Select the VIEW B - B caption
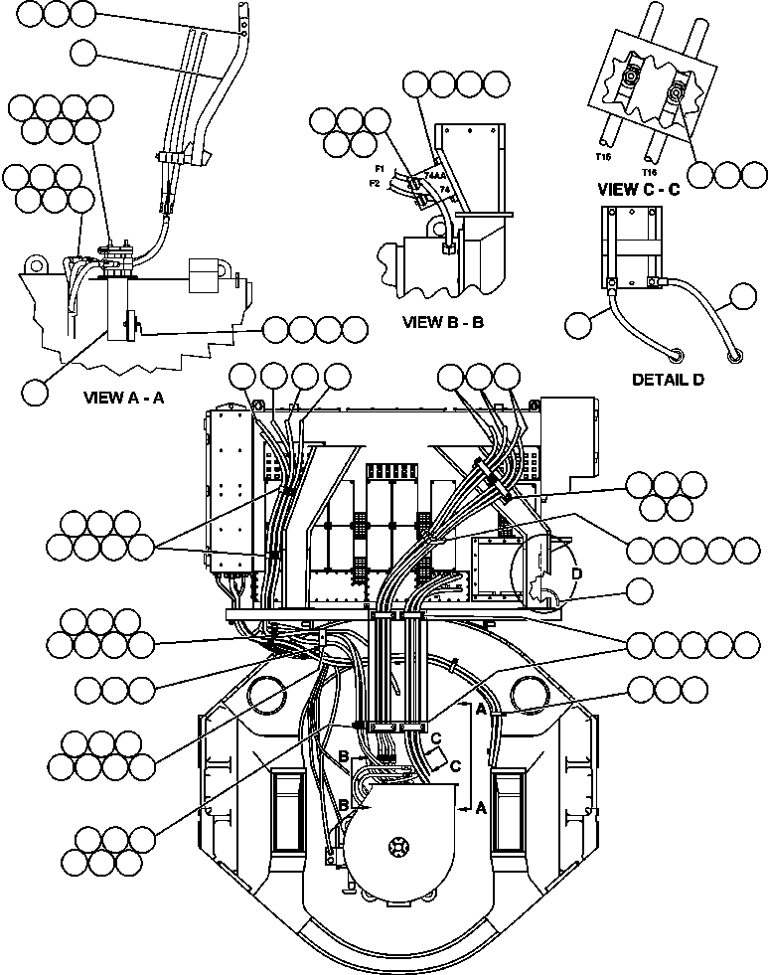coord(443,322)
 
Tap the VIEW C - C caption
coord(638,190)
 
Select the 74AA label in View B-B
coord(434,175)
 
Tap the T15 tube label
coord(602,156)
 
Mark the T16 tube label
coord(651,170)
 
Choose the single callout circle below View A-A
coord(36,391)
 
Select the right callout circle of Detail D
coord(745,296)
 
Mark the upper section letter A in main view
coord(480,710)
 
